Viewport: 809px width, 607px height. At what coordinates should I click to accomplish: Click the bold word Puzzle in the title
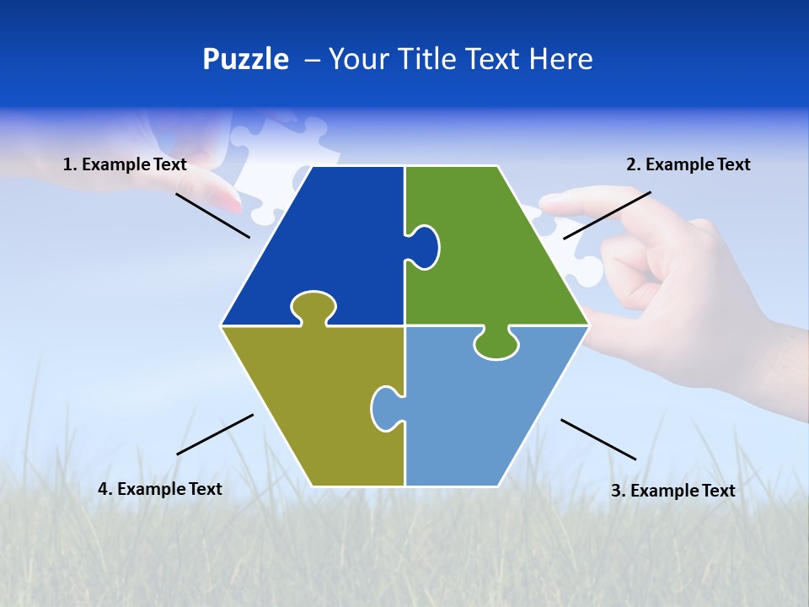(245, 60)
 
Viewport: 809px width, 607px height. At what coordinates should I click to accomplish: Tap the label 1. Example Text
(125, 164)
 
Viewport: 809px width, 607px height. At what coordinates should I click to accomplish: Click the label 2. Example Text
(688, 164)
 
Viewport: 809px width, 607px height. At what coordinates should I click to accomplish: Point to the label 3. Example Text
(672, 491)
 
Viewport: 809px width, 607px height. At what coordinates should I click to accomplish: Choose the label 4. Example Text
(160, 489)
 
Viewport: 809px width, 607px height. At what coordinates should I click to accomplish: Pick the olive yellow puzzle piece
(312, 405)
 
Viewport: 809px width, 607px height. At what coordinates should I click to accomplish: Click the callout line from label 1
(212, 215)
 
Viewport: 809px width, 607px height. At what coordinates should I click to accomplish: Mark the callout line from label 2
(607, 215)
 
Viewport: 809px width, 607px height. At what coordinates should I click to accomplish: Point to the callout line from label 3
(598, 439)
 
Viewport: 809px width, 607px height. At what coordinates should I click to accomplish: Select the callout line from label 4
(215, 434)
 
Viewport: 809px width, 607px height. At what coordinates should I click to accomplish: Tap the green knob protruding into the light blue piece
(496, 344)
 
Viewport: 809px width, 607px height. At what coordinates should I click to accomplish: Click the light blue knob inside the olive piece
(385, 408)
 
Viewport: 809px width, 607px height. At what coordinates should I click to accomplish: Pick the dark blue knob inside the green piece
(425, 245)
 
